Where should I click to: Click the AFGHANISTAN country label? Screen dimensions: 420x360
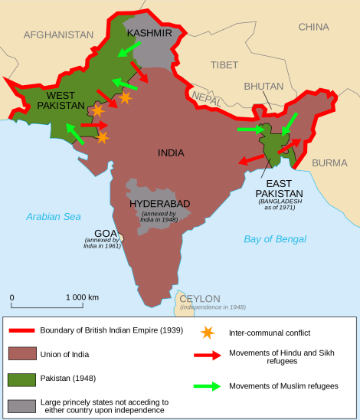[59, 35]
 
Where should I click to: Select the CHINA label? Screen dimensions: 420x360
[313, 27]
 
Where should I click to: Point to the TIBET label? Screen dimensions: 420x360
[224, 64]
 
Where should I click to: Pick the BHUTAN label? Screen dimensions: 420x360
[263, 87]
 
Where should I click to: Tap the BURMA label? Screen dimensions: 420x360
[329, 162]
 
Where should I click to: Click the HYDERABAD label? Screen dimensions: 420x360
[159, 203]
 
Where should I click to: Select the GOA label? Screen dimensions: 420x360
[105, 232]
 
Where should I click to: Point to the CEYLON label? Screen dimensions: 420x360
[200, 298]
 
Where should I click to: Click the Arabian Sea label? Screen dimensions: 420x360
[53, 217]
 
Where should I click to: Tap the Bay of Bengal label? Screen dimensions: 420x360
[275, 239]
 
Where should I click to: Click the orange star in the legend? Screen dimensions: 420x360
[207, 333]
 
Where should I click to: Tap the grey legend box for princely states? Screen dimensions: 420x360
[25, 405]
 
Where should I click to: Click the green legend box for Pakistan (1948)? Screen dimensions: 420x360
[25, 379]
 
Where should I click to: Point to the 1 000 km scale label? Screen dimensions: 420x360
[82, 297]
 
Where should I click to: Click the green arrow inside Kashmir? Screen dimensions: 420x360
[129, 48]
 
